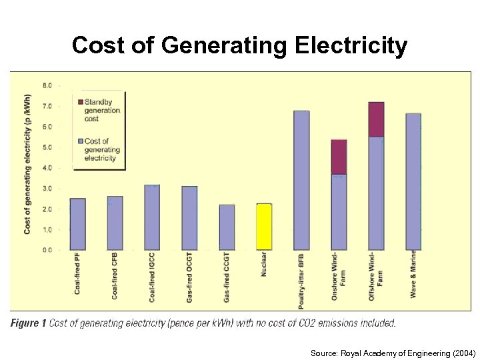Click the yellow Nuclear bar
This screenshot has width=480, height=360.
tap(264, 227)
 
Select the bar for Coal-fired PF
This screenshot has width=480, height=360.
tap(77, 224)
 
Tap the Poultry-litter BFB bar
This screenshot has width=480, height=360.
tap(301, 180)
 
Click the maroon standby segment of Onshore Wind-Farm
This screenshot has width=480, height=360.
tap(339, 157)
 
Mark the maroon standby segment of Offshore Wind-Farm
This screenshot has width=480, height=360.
tap(376, 119)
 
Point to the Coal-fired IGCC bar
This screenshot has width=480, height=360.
tap(152, 217)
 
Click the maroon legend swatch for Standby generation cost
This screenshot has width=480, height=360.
tap(81, 102)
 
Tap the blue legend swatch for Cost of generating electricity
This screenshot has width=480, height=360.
tap(81, 141)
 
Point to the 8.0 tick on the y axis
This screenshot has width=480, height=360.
tap(47, 85)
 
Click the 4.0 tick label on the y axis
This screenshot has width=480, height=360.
tap(47, 168)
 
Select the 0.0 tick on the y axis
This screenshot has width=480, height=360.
tap(47, 250)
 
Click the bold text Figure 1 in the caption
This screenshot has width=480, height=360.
tap(28, 323)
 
